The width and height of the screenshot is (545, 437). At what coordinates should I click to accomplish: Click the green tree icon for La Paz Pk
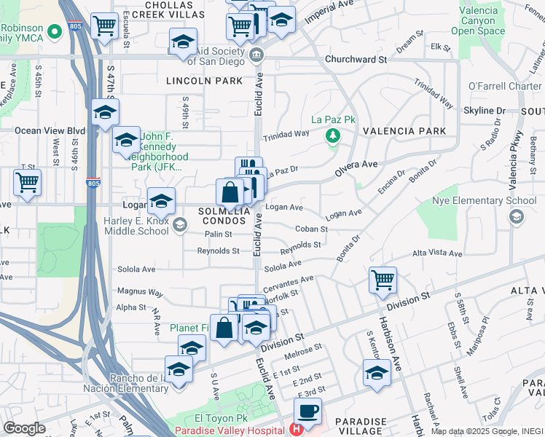tap(333, 135)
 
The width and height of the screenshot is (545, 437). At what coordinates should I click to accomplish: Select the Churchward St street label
tap(356, 59)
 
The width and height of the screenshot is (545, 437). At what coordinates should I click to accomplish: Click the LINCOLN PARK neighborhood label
tap(203, 81)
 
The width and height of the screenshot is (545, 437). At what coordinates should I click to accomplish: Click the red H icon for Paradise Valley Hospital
tap(297, 429)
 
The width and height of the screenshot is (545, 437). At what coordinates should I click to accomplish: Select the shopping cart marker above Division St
tap(383, 280)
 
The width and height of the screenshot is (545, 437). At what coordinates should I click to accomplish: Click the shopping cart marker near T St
tap(27, 181)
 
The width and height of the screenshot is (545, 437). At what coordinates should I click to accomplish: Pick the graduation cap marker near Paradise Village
tap(376, 373)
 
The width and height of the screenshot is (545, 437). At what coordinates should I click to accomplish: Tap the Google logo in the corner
tap(24, 428)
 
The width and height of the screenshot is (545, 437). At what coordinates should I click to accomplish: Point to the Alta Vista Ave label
tap(437, 253)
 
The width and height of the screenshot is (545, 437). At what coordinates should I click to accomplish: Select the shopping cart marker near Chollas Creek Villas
tap(105, 27)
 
